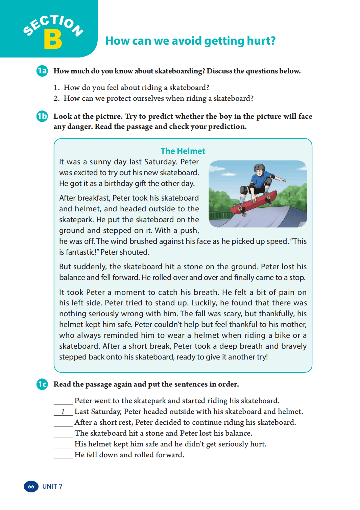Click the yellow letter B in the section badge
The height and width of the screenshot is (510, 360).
click(53, 39)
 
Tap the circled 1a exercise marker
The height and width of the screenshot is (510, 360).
click(42, 71)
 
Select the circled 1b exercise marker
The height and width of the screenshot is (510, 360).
click(42, 116)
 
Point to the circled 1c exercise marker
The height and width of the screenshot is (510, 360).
click(42, 384)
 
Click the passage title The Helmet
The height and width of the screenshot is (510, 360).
click(183, 151)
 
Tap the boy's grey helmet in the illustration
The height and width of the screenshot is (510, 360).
click(259, 168)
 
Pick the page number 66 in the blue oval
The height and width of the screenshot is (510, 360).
click(31, 486)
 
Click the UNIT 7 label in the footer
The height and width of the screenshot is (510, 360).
click(52, 486)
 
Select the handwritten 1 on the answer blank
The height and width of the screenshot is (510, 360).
click(63, 412)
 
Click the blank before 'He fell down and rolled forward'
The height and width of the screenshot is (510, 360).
click(63, 455)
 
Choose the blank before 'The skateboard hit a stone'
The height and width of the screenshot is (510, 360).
click(63, 433)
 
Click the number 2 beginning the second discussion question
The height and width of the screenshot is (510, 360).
click(56, 98)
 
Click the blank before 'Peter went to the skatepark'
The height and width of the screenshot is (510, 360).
click(63, 401)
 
